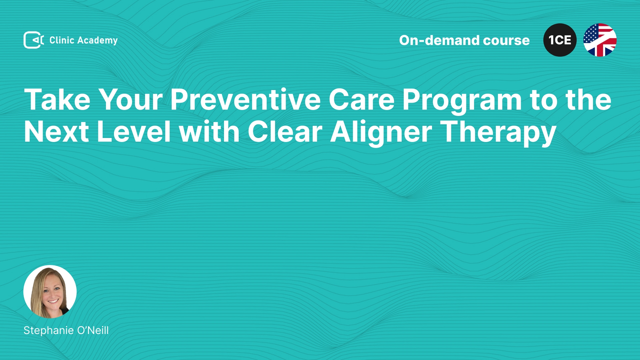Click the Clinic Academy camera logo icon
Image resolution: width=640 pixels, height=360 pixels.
click(34, 40)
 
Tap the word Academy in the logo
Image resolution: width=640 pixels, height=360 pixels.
click(97, 41)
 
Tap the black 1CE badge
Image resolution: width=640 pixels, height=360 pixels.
click(560, 40)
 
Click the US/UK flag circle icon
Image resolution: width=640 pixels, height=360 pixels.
click(600, 40)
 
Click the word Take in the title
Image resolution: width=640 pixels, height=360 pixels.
click(57, 99)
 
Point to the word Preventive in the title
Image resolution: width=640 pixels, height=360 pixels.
click(246, 99)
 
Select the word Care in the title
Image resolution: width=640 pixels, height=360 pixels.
click(362, 99)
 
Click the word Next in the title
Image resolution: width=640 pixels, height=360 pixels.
click(56, 132)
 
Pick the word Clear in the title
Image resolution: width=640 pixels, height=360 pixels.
click(285, 132)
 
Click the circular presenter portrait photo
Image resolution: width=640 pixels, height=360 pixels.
click(50, 292)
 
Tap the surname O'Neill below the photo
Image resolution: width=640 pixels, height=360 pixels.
click(93, 330)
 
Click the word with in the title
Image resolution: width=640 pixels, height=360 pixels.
click(209, 132)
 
